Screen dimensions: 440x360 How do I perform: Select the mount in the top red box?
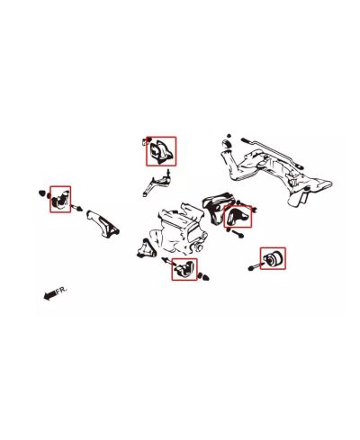click(162, 151)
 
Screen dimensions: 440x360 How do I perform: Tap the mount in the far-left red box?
click(60, 200)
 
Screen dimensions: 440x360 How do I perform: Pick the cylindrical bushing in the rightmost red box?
click(273, 260)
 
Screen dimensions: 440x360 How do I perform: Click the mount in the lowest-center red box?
click(184, 269)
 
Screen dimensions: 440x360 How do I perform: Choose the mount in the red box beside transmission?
click(238, 215)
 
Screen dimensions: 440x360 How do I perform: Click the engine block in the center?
click(180, 229)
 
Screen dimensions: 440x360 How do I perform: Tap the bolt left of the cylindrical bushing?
click(251, 266)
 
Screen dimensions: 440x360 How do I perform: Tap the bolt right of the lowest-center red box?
click(206, 277)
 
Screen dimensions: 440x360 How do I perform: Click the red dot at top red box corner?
click(147, 139)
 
